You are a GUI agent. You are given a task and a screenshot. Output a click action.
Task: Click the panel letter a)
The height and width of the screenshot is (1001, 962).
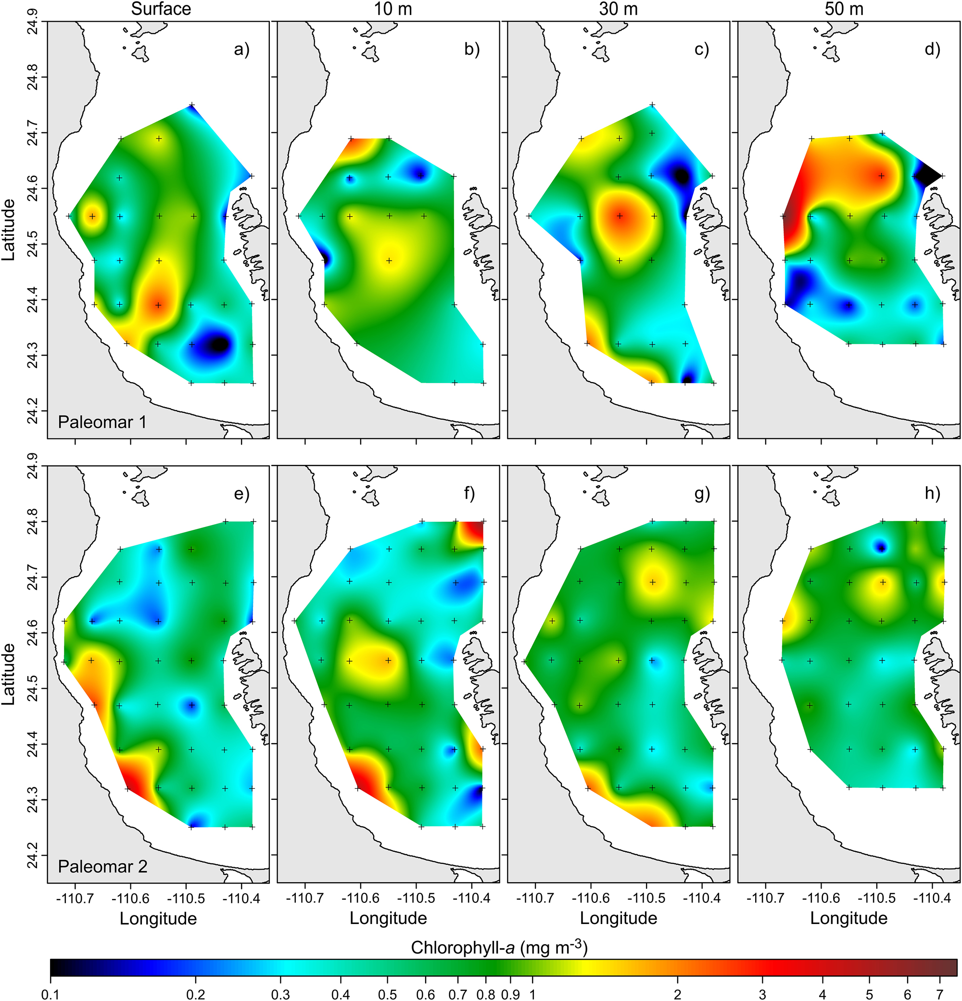coord(241,50)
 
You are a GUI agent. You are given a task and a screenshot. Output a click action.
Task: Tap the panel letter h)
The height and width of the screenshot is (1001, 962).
coord(932,494)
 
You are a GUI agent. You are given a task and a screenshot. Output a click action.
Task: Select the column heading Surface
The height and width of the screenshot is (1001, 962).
coord(161,9)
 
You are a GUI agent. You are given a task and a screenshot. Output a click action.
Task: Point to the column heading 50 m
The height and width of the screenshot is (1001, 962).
coord(844,9)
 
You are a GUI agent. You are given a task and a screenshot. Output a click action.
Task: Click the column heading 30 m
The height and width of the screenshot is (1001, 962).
coord(618,9)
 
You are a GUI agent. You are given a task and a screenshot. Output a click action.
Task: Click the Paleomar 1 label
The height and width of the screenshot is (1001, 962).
coord(102,422)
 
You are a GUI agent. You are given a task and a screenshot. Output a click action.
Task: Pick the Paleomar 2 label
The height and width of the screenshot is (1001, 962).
coord(102,866)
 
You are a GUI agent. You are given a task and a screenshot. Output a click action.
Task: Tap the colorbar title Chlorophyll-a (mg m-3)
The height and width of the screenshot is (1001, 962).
coord(499,948)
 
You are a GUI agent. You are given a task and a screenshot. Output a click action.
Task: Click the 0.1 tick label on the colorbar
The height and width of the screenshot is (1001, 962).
coord(50,994)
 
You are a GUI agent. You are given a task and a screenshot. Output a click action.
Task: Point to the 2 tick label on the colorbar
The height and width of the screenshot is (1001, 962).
coord(677,994)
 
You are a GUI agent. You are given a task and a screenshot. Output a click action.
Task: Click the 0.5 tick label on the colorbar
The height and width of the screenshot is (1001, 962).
coord(387,994)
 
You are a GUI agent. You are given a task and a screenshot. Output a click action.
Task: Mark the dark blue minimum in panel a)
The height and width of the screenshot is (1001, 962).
coord(218,344)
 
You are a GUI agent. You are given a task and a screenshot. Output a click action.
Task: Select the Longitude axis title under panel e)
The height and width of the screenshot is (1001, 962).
coord(158,918)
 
